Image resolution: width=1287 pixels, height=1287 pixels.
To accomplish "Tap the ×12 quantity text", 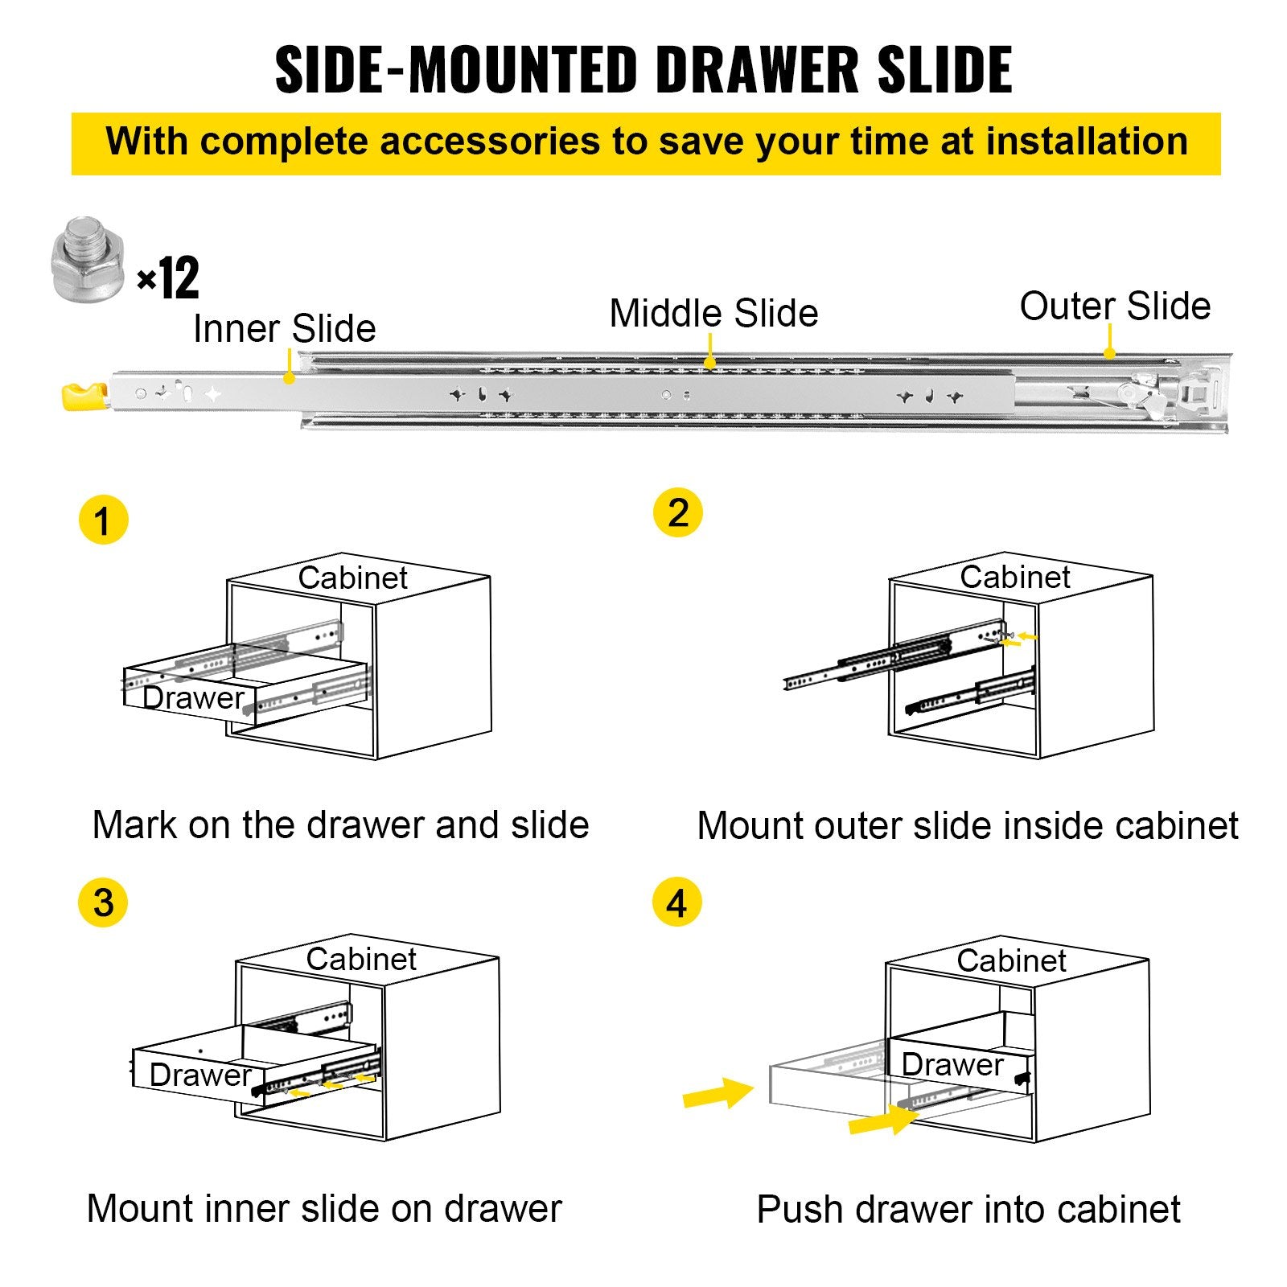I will pos(168,278).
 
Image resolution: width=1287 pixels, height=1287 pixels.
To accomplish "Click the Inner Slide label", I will pos(284,328).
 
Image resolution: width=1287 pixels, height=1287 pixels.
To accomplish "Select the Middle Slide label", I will pos(713,313).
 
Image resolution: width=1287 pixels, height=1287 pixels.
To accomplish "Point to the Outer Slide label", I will pos(1115,306).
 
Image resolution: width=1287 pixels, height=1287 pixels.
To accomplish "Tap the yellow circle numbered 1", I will pos(103,520).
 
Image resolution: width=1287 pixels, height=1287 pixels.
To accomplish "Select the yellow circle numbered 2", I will pos(677,512).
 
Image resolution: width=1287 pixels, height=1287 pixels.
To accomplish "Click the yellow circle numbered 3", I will pos(103,902).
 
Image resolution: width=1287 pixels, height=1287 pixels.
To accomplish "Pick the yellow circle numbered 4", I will pos(676,902).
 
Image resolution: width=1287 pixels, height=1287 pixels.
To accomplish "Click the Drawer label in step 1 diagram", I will pos(193,697).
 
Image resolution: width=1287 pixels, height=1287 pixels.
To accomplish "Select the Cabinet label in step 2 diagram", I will pos(1014,577).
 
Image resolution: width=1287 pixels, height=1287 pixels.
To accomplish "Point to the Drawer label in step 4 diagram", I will pos(952,1064).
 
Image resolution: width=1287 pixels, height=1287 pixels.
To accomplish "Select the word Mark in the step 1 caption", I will pos(134,825).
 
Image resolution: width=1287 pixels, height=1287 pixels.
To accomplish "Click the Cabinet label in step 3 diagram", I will pos(361,959).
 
